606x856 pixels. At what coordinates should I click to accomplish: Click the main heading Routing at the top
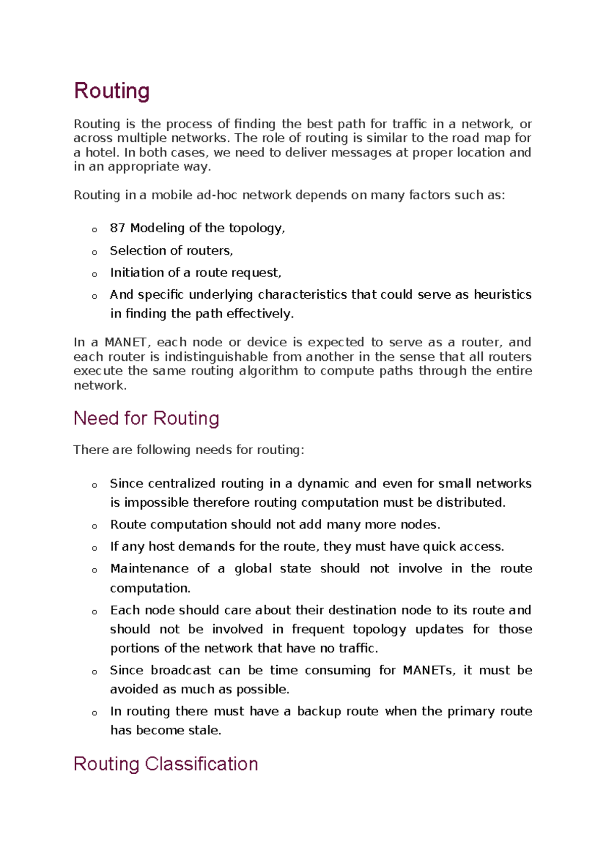click(x=112, y=91)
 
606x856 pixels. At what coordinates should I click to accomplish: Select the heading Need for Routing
click(x=146, y=418)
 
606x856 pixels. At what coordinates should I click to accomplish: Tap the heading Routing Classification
click(x=166, y=764)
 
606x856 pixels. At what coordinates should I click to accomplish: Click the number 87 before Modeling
click(x=117, y=228)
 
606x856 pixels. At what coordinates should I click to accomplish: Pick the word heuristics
click(x=502, y=295)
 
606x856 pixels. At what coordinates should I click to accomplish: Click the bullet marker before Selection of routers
click(x=94, y=252)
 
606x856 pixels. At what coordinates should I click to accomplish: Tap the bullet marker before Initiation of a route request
click(x=94, y=275)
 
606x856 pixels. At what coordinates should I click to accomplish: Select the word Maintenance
click(x=149, y=569)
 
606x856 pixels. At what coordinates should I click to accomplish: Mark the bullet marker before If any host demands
click(x=94, y=549)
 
